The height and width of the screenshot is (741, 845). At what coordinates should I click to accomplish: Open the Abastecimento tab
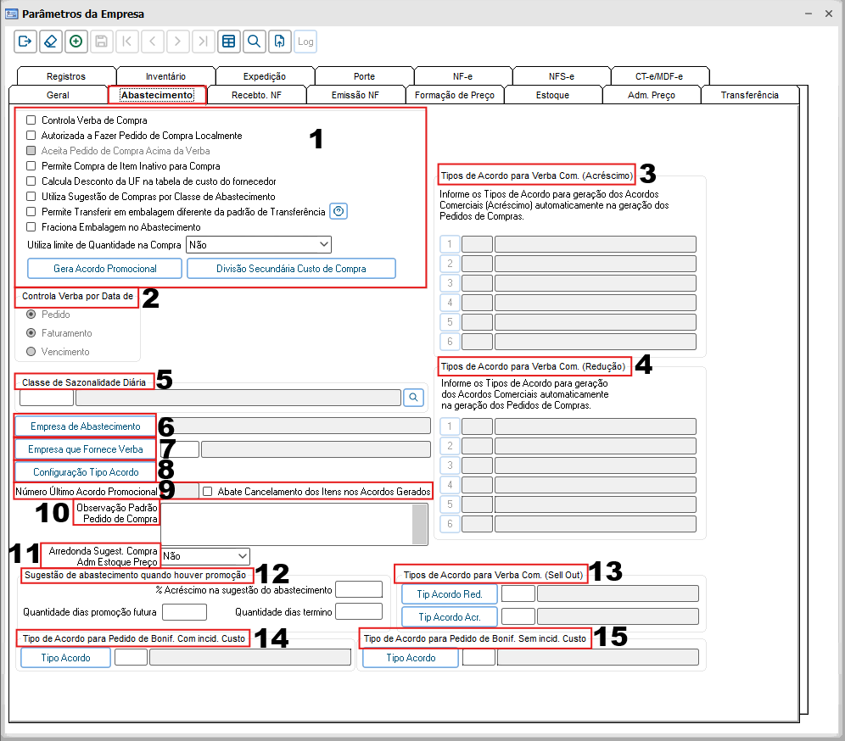[x=157, y=95]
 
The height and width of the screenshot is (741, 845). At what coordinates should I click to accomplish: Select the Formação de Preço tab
[x=454, y=95]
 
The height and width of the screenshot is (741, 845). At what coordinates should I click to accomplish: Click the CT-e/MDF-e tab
[x=659, y=76]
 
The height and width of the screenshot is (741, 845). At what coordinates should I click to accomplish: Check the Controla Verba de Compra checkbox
[x=31, y=120]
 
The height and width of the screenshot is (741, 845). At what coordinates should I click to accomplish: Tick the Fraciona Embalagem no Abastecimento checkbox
[x=31, y=226]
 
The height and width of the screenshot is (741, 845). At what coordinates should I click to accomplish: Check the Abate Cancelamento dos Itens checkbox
[x=208, y=491]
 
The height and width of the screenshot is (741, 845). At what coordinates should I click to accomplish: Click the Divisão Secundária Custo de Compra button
[x=291, y=268]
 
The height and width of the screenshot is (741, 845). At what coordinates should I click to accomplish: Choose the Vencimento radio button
[x=31, y=352]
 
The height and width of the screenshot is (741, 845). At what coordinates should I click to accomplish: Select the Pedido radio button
[x=31, y=314]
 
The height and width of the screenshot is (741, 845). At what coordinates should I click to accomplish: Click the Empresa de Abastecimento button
[x=85, y=426]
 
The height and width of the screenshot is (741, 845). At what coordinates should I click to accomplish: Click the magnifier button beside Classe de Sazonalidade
[x=413, y=398]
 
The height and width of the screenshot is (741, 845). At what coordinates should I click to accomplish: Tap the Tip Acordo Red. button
[x=450, y=594]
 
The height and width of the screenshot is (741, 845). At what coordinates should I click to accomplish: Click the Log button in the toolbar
[x=305, y=42]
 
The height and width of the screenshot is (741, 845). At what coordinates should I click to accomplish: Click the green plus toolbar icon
[x=76, y=42]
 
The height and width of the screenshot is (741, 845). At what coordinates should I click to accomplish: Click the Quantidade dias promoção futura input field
[x=184, y=612]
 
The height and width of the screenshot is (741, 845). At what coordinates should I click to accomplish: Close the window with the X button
[x=829, y=14]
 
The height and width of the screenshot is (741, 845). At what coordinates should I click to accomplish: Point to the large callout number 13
[x=605, y=571]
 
